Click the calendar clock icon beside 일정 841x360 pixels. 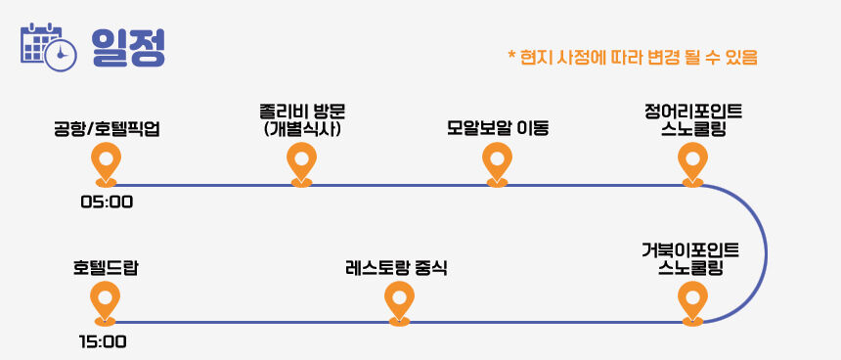pyautogui.click(x=48, y=47)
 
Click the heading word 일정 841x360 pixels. pyautogui.click(x=128, y=47)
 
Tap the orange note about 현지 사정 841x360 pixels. pyautogui.click(x=633, y=57)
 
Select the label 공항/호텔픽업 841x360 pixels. pyautogui.click(x=107, y=129)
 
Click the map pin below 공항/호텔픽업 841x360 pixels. pyautogui.click(x=106, y=164)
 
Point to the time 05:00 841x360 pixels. pyautogui.click(x=107, y=202)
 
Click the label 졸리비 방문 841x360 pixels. pyautogui.click(x=301, y=112)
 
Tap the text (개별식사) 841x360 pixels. pyautogui.click(x=301, y=129)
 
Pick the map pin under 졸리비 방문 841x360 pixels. pyautogui.click(x=301, y=164)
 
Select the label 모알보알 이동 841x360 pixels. pyautogui.click(x=498, y=129)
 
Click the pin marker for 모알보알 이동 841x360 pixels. pyautogui.click(x=497, y=164)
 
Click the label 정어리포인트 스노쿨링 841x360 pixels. pyautogui.click(x=693, y=120)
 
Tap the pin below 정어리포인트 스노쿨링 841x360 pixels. pyautogui.click(x=692, y=164)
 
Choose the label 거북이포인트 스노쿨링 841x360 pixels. pyautogui.click(x=690, y=258)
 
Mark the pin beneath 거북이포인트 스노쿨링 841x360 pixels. pyautogui.click(x=692, y=303)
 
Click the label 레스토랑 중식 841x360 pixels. pyautogui.click(x=397, y=268)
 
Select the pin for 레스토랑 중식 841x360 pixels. pyautogui.click(x=400, y=303)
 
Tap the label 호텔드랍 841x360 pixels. pyautogui.click(x=106, y=268)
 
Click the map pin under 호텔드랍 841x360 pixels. pyautogui.click(x=106, y=303)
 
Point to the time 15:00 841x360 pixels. pyautogui.click(x=103, y=341)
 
